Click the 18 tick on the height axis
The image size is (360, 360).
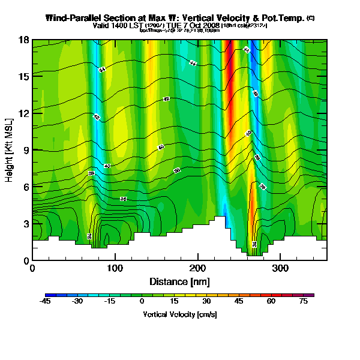point(23,40)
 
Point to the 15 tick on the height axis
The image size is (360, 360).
point(23,77)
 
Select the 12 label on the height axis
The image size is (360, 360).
point(23,113)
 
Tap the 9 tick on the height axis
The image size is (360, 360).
point(25,150)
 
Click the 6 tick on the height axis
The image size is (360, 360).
point(25,187)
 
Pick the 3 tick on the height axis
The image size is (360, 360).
point(25,224)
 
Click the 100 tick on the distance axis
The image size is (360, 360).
point(115,269)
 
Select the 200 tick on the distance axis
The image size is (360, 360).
point(197,269)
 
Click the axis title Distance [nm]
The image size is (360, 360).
point(179,281)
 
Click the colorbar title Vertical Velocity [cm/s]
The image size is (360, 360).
point(179,314)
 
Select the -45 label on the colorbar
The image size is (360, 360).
point(45,302)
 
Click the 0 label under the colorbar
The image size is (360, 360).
point(142,302)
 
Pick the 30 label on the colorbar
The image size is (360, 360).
point(206,302)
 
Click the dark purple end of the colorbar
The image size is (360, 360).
point(311,295)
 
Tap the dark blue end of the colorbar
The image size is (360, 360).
point(48,295)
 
